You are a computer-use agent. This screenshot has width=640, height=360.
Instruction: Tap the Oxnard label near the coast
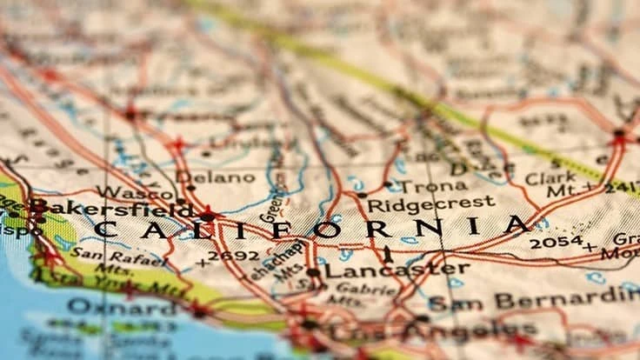point(121,307)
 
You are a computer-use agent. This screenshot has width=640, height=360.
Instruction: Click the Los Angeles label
point(417,332)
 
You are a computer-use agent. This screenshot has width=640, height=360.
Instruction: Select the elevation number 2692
point(234,257)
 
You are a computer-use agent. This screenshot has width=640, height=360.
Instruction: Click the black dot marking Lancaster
point(313,272)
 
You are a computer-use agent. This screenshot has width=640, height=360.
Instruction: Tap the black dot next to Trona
point(388,184)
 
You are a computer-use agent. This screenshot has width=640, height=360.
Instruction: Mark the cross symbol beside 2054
point(590,246)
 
